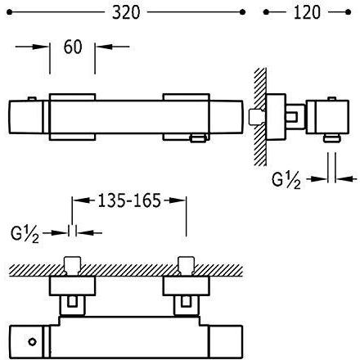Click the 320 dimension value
click(126, 12)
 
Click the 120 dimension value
click(307, 12)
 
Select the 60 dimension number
click(73, 47)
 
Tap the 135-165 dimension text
click(129, 200)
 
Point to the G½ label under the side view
click(286, 180)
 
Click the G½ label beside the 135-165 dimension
click(25, 234)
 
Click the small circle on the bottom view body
click(33, 342)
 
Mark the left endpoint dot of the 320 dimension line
click(9, 12)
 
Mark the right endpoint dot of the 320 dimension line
click(242, 12)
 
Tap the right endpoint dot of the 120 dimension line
click(348, 12)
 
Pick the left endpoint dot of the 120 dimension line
click(266, 12)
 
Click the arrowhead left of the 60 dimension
click(41, 47)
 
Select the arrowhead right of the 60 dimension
click(104, 47)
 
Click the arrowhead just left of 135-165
click(81, 200)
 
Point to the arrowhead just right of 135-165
click(178, 200)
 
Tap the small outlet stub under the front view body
click(198, 138)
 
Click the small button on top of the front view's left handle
click(32, 99)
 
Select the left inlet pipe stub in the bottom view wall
click(72, 266)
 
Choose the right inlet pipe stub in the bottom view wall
click(186, 266)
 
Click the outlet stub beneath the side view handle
click(331, 138)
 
